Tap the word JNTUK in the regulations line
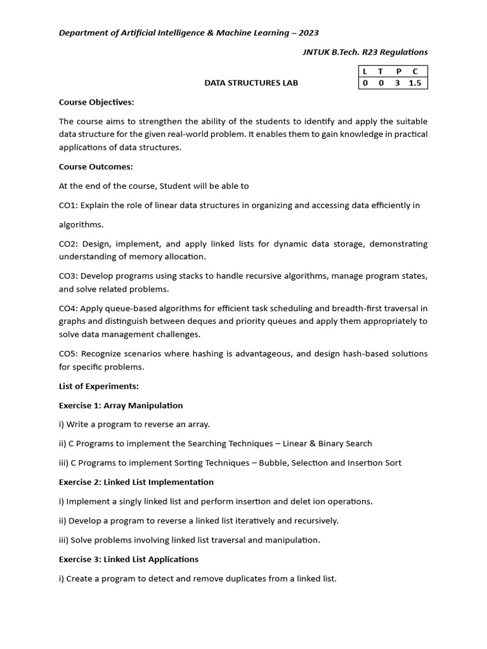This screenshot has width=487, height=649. [319, 52]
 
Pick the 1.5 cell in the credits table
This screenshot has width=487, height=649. [415, 83]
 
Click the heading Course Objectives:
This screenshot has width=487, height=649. [96, 102]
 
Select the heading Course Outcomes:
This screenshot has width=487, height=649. [96, 167]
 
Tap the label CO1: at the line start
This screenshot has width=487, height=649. [70, 205]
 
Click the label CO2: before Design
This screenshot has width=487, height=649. [70, 244]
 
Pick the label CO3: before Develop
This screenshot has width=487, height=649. [70, 276]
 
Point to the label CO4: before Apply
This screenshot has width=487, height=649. [70, 309]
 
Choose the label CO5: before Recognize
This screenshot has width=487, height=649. [70, 354]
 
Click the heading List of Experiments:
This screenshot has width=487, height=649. [99, 386]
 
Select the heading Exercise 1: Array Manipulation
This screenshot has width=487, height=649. [120, 405]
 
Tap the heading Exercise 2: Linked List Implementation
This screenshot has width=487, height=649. [136, 482]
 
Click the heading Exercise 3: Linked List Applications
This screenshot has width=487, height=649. [129, 559]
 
